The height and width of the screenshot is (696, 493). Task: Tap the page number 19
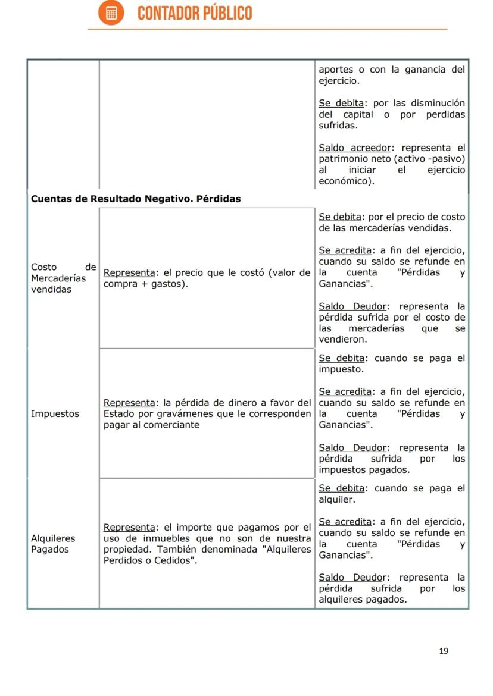pos(444,651)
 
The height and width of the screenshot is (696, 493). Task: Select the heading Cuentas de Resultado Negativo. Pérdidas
pos(136,199)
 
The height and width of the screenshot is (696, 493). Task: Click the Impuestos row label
pos(55,414)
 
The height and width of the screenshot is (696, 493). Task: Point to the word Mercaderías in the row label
pos(58,278)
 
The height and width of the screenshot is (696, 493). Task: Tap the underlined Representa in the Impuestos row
pos(129,403)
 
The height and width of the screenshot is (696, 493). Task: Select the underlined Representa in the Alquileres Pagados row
pos(129,527)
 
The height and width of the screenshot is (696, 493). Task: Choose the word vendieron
pos(342,340)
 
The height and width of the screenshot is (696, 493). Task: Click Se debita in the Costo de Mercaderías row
pos(341,217)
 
